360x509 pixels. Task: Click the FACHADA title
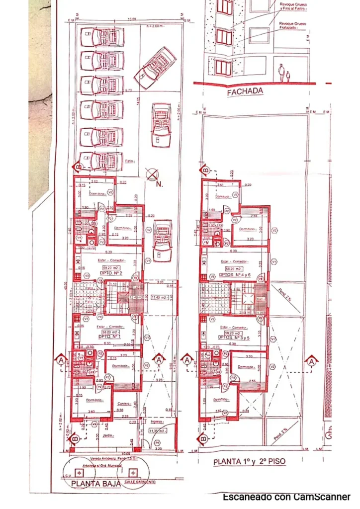point(244,92)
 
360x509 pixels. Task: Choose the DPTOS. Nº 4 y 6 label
point(233,274)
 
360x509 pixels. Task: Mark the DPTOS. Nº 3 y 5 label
point(233,337)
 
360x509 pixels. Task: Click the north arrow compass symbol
point(152,174)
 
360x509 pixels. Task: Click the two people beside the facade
point(283,73)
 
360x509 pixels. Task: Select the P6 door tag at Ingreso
point(157,442)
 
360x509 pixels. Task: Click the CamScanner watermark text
point(286,497)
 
